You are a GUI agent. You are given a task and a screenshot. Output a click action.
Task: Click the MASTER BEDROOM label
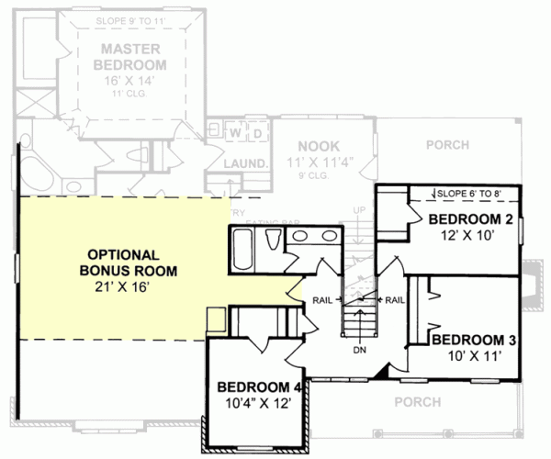[133, 57]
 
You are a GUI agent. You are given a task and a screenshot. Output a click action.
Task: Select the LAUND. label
[245, 164]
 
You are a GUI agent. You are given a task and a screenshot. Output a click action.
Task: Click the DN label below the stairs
[359, 350]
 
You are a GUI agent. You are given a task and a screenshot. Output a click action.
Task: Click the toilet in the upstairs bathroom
[273, 241]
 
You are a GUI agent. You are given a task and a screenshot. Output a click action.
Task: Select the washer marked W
[235, 134]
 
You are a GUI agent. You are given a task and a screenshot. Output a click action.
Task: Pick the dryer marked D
[258, 134]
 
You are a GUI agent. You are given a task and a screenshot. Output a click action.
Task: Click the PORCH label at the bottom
[418, 401]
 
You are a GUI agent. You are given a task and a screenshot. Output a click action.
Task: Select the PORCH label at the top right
[447, 145]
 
